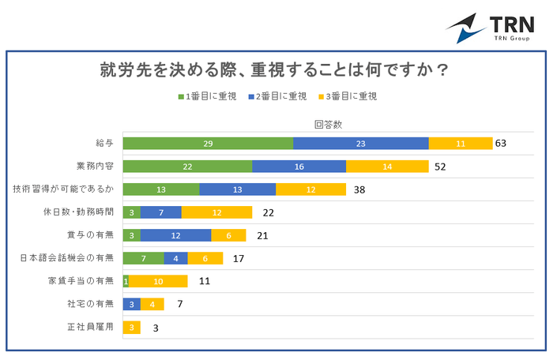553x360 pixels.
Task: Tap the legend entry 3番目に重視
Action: [347, 96]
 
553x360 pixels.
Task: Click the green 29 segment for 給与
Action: [208, 143]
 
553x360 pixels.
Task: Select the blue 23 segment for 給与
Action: [360, 143]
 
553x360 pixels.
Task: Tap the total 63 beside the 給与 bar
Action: [500, 143]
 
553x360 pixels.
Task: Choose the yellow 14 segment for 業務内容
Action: [387, 166]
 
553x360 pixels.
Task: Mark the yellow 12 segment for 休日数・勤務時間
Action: [216, 212]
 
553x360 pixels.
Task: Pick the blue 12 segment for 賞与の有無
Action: [176, 234]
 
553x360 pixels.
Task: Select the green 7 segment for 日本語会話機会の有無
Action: [144, 257]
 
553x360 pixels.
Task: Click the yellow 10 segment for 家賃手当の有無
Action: [158, 280]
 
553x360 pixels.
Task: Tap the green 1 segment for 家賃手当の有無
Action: [126, 280]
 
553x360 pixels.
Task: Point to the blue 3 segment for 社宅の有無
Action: [132, 304]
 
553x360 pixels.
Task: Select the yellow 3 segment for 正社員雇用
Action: [132, 327]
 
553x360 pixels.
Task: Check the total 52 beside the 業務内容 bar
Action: [441, 166]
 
